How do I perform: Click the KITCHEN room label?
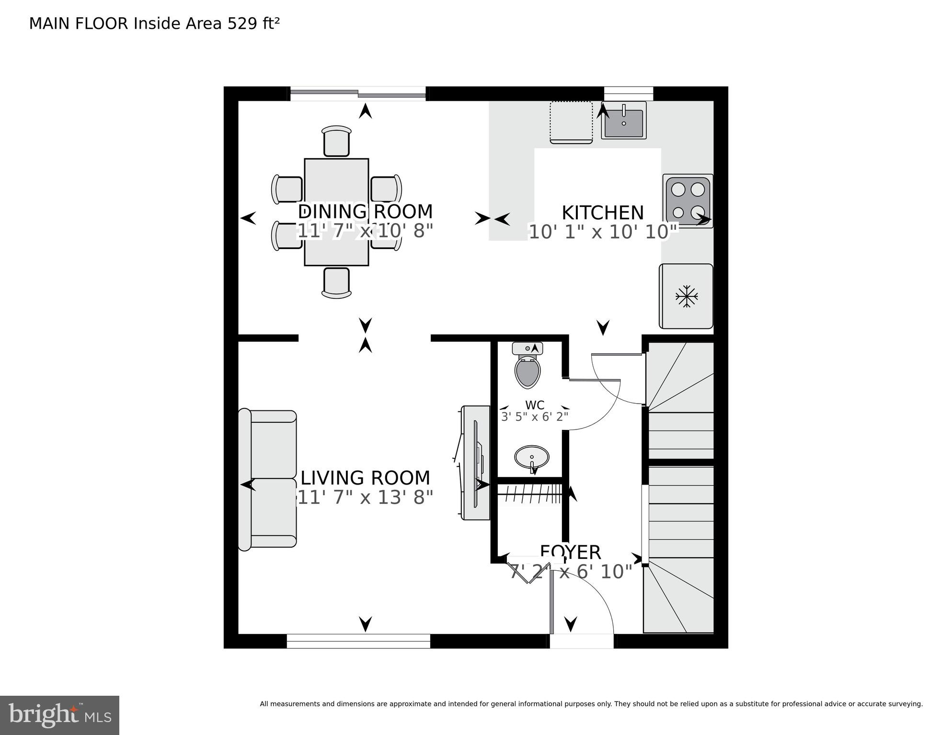[602, 213]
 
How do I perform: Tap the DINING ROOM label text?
[365, 212]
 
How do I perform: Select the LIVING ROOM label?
[365, 478]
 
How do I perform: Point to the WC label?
[534, 406]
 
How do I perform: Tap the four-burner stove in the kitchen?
[688, 201]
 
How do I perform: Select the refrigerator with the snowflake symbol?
[686, 296]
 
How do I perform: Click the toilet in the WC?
[528, 368]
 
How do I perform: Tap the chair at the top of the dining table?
[336, 141]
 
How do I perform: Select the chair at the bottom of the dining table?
[336, 283]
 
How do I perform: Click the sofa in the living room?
[268, 479]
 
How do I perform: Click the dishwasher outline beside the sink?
[571, 122]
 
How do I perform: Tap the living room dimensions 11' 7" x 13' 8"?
[365, 498]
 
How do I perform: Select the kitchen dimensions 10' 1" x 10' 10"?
[602, 232]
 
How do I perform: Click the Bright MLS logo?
[59, 715]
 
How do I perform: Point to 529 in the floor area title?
[241, 23]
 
